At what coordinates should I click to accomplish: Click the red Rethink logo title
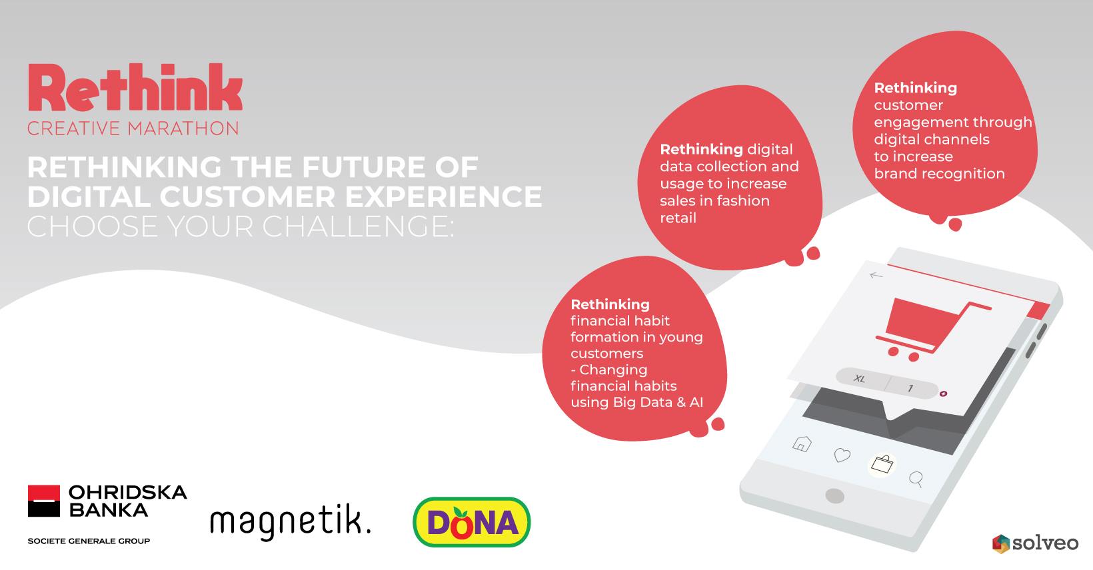(135, 88)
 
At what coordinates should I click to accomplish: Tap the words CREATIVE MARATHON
(133, 129)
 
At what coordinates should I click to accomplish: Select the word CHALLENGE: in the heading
(358, 226)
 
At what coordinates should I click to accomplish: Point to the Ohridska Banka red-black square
(44, 501)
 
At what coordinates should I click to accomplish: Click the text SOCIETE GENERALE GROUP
(89, 541)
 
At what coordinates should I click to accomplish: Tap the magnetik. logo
(291, 522)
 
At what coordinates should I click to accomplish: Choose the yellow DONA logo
(471, 522)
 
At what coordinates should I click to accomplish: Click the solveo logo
(1036, 543)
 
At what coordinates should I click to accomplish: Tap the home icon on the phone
(802, 443)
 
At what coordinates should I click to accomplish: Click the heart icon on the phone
(842, 455)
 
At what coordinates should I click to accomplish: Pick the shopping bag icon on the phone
(882, 464)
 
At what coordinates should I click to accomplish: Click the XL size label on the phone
(860, 378)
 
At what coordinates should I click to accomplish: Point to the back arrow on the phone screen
(876, 276)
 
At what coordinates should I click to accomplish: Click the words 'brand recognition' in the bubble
(939, 174)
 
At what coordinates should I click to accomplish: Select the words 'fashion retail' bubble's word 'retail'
(678, 218)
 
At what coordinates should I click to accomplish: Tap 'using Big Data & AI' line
(636, 402)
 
